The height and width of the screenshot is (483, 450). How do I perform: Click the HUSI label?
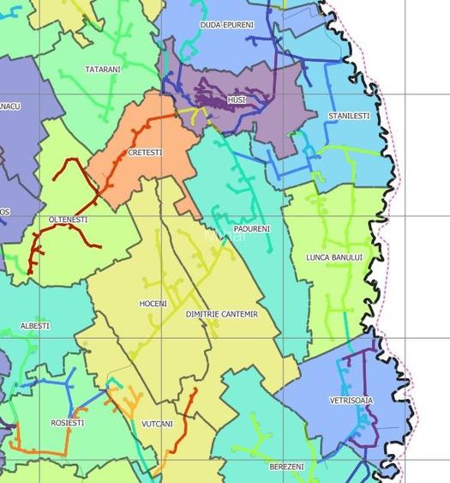(237, 100)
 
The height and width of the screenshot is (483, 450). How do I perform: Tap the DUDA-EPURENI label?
(227, 25)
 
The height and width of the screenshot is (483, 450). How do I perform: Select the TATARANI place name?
(103, 69)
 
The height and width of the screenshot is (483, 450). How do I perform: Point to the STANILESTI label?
(349, 115)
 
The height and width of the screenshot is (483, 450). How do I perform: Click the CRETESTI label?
(144, 152)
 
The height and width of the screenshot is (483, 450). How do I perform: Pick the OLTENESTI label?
(69, 220)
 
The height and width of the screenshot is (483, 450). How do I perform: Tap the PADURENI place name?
(252, 229)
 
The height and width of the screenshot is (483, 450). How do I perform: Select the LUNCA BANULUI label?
(334, 257)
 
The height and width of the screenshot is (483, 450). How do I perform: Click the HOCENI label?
(153, 304)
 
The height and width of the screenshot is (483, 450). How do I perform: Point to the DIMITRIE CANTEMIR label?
(221, 315)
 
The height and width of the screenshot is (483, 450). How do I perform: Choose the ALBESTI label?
(35, 326)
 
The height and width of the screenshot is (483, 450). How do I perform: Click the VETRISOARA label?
(351, 401)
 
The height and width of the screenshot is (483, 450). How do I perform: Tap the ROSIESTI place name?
(68, 422)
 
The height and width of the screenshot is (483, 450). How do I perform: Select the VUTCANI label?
(157, 424)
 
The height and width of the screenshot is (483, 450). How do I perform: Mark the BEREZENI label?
(286, 466)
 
